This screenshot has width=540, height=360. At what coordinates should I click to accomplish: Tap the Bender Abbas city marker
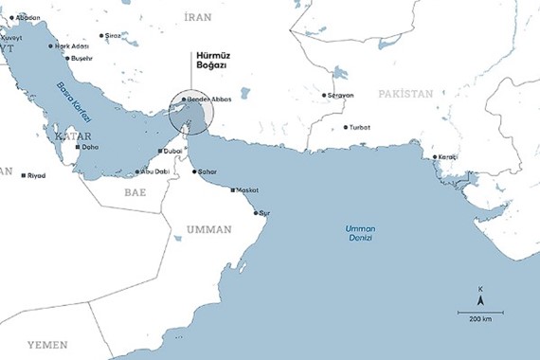[185, 99]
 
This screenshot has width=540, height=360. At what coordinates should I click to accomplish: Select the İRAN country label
[197, 17]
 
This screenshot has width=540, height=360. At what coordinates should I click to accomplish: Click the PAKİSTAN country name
[405, 94]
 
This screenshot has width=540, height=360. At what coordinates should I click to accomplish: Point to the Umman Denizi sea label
[360, 233]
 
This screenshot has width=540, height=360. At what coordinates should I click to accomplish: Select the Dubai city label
[172, 152]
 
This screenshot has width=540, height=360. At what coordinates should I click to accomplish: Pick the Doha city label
[91, 148]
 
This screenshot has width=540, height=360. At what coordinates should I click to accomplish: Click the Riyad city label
[36, 175]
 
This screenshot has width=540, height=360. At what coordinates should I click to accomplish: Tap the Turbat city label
[359, 127]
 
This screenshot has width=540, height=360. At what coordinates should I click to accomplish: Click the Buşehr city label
[82, 59]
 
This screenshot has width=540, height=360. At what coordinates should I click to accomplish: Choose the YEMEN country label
[46, 344]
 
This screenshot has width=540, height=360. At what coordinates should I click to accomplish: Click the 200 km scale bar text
[480, 319]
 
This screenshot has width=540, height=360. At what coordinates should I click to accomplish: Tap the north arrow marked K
[480, 297]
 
